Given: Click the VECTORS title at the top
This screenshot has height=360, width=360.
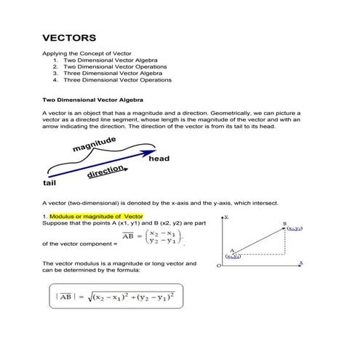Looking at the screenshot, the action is pos(69,37).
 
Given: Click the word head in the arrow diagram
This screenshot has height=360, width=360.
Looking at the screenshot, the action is pos(159,159).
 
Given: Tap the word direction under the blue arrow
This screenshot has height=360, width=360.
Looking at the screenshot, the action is pos(105,172).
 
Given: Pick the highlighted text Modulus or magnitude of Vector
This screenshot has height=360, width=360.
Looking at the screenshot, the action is pos(96,217).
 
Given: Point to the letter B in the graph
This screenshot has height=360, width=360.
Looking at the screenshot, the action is pos(284,223).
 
